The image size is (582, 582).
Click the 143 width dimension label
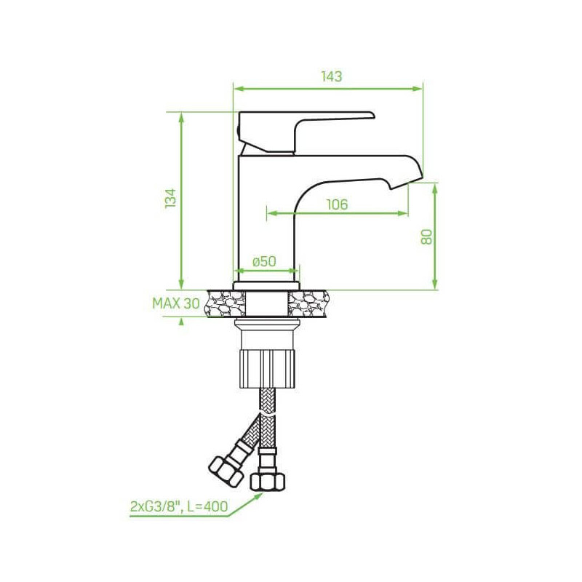332,76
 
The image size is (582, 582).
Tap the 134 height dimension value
171,198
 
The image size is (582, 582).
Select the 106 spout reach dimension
337,204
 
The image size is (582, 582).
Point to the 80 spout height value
427,236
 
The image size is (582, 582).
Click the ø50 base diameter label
264,261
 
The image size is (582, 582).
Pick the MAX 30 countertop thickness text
176,303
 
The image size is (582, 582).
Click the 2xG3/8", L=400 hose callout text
179,506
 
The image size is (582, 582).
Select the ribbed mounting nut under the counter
267,368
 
